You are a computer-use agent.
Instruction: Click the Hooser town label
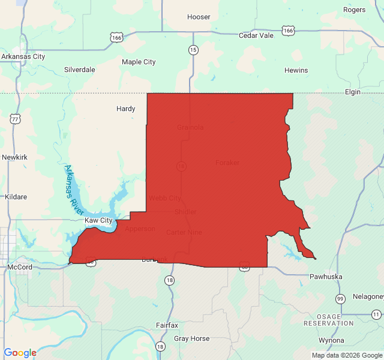coord(199,17)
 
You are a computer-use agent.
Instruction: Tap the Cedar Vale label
coord(256,35)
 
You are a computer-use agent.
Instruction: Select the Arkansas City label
coord(23,56)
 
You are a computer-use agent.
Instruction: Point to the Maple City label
coord(139,62)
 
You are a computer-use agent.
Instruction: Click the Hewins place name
coord(296,70)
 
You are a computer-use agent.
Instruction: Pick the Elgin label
coord(352,92)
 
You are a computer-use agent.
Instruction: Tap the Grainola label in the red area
coord(190,127)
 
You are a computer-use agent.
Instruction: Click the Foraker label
coord(227,163)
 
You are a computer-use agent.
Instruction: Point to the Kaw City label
coord(98,221)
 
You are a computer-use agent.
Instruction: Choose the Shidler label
coord(185,212)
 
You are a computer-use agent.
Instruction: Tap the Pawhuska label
coord(326,277)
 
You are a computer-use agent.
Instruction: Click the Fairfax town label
coord(167,325)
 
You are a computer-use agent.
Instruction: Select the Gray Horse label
coord(192,338)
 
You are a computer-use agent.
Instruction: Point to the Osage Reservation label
coord(329,320)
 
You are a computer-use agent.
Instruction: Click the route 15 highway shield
coord(193,50)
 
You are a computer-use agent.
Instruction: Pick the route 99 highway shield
coord(340,299)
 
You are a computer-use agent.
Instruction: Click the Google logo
coord(20,353)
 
